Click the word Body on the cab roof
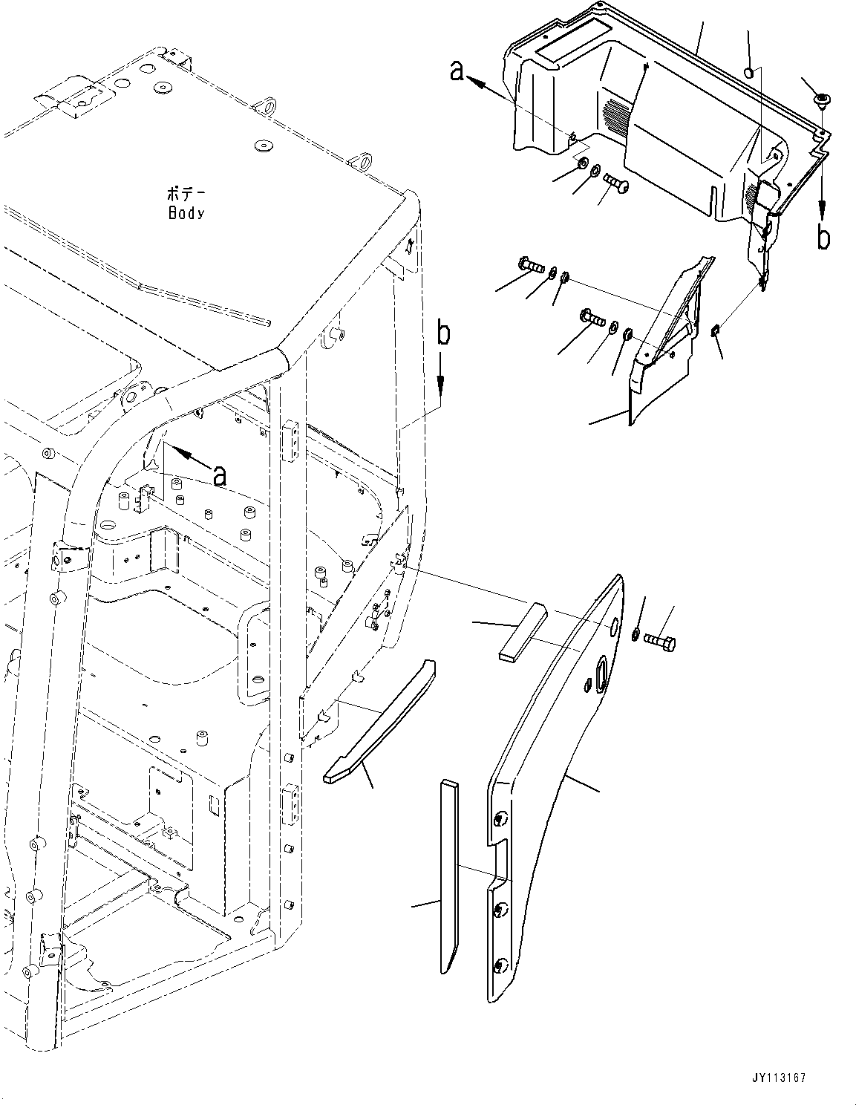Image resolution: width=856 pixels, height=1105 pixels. point(186,213)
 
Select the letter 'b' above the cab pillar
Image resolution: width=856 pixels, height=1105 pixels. point(442,334)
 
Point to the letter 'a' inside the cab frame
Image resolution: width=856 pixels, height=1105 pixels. point(219,476)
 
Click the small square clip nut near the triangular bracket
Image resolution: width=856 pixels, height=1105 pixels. point(716,330)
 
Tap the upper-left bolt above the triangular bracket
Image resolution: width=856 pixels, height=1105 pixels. point(529,264)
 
